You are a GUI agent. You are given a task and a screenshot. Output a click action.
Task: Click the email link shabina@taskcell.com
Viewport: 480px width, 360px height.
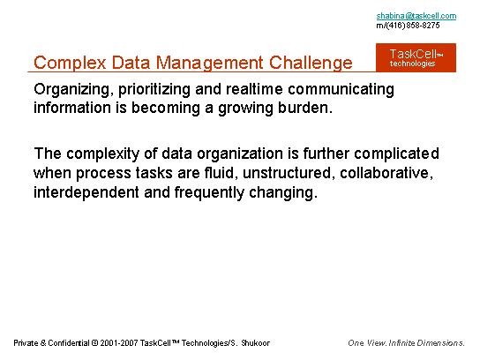[416, 16]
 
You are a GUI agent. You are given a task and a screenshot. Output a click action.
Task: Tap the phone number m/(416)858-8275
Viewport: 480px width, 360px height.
[408, 25]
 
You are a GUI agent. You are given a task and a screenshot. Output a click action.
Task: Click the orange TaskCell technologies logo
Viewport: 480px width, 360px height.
[416, 57]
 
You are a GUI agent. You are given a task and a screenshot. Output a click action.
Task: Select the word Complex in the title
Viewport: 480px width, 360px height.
[70, 63]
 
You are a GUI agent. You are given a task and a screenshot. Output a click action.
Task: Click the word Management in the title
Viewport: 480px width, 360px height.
[209, 63]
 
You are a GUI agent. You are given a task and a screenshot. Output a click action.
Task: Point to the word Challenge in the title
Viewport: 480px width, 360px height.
[311, 63]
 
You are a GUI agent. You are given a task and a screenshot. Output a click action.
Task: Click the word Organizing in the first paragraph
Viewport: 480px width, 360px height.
[71, 90]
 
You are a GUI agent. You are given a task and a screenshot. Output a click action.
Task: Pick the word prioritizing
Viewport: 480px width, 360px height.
[154, 90]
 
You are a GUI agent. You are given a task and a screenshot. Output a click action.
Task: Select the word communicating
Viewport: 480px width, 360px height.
[341, 90]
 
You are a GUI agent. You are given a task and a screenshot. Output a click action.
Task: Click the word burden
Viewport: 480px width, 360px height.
[305, 108]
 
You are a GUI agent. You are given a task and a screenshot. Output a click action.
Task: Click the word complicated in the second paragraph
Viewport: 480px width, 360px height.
[396, 154]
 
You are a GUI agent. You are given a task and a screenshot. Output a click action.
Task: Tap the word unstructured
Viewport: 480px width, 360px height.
[288, 173]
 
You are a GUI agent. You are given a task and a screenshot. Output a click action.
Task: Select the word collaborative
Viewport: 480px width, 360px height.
[386, 173]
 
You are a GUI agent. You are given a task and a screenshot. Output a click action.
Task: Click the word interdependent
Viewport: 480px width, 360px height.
[86, 193]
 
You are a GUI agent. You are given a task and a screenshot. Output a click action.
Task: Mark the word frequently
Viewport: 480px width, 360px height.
[209, 193]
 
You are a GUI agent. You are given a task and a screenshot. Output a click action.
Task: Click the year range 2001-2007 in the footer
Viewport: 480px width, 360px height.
[119, 343]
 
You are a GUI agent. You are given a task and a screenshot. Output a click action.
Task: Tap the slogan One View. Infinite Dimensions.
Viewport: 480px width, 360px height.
[406, 343]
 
